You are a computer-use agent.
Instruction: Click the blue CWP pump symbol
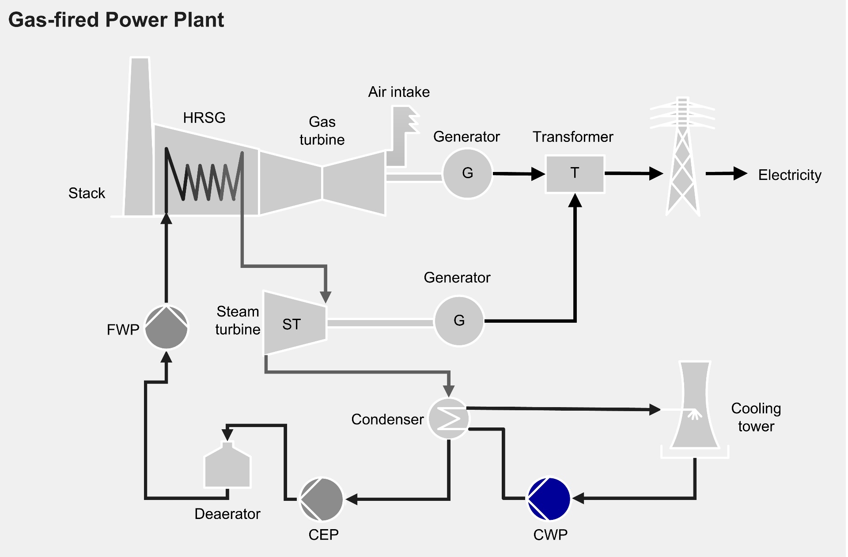(549, 499)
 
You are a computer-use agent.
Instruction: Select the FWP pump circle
(167, 328)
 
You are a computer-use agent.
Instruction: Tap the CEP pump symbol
(322, 499)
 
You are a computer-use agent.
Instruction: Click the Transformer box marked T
(575, 173)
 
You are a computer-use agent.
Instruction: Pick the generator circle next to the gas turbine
(467, 173)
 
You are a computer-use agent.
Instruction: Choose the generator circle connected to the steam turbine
(459, 320)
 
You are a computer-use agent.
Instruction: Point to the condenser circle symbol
(449, 418)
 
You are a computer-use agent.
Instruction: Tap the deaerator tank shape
(227, 466)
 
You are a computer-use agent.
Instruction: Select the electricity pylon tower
(682, 159)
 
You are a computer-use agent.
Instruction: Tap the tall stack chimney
(139, 141)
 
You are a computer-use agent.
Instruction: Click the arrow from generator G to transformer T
(519, 174)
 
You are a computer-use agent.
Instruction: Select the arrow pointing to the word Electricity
(726, 174)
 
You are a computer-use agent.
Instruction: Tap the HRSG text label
(204, 118)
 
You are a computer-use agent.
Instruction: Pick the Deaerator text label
(227, 514)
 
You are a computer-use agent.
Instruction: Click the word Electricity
(789, 175)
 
